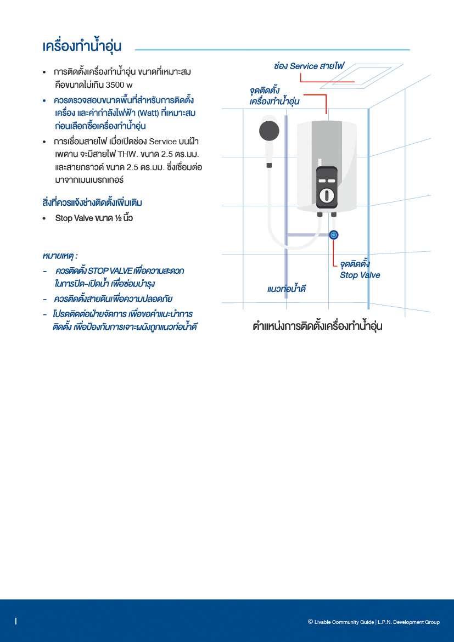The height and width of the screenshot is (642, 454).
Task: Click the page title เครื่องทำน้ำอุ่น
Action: (x=82, y=47)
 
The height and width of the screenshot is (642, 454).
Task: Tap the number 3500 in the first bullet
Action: (x=115, y=85)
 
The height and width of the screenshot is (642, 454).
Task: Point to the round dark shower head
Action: (x=269, y=131)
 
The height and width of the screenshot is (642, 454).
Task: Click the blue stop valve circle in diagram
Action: (x=334, y=235)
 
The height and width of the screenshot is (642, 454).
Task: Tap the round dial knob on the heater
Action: (x=327, y=195)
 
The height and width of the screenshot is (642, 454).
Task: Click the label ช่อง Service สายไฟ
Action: (x=309, y=66)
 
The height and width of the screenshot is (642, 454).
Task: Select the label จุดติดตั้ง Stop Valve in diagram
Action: (x=360, y=270)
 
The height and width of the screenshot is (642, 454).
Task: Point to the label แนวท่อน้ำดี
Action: (x=286, y=289)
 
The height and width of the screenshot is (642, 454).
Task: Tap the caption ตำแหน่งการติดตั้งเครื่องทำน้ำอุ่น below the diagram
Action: (x=317, y=326)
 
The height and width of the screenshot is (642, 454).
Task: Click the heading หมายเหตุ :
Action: (x=60, y=256)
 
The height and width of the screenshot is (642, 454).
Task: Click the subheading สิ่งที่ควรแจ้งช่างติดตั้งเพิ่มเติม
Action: (x=92, y=203)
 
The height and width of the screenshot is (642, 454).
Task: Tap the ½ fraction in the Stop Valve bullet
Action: (x=115, y=218)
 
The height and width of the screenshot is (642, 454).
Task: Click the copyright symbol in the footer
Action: (x=310, y=622)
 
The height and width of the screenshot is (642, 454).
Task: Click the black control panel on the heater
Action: (x=327, y=187)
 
